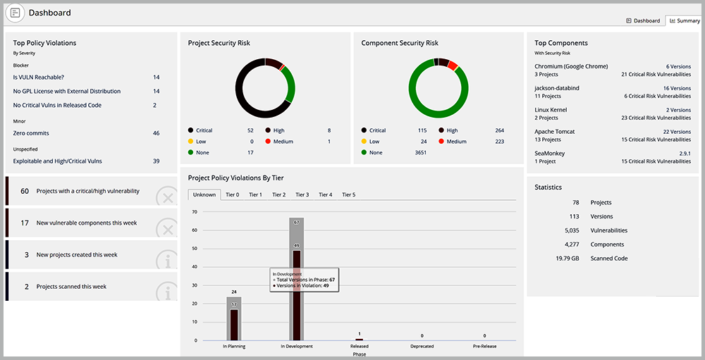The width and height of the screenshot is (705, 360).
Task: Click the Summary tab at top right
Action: (x=685, y=20)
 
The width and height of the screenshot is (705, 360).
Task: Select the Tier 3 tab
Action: (x=302, y=194)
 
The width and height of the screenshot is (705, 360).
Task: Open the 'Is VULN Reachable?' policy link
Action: (x=39, y=77)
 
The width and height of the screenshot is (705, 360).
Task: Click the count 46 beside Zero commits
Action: (x=156, y=133)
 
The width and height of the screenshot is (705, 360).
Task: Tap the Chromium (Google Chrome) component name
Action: (x=571, y=66)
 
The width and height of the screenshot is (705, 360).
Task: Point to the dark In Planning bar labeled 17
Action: (x=234, y=325)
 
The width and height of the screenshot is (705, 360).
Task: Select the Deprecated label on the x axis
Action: (x=422, y=347)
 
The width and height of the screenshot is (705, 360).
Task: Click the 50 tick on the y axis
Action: (x=195, y=249)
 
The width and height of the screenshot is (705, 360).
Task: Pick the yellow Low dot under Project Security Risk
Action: (x=190, y=142)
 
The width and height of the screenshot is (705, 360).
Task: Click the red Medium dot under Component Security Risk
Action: (x=441, y=142)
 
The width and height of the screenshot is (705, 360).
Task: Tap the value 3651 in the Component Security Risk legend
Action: (x=420, y=152)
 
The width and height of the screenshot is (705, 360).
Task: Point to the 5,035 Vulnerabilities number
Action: (x=571, y=230)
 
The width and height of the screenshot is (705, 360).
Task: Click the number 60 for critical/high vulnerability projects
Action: (x=25, y=191)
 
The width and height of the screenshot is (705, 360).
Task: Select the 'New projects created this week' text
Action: (x=77, y=255)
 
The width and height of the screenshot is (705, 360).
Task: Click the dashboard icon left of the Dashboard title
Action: (x=16, y=13)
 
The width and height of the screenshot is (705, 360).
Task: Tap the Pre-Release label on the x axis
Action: (x=485, y=347)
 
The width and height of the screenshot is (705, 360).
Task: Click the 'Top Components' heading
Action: (x=561, y=43)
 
